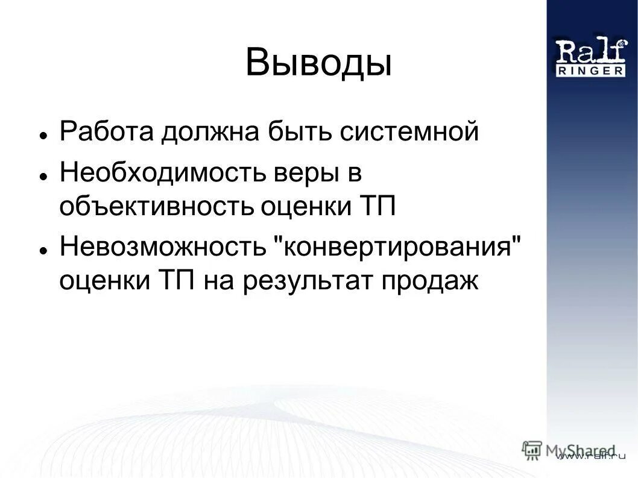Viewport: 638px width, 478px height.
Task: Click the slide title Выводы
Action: pyautogui.click(x=318, y=63)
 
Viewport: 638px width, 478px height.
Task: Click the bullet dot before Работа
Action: pyautogui.click(x=44, y=135)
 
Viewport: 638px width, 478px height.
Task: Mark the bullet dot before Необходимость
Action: pyautogui.click(x=44, y=177)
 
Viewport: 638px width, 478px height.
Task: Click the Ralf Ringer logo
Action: pyautogui.click(x=590, y=57)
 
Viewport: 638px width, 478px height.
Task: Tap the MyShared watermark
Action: pyautogui.click(x=570, y=450)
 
